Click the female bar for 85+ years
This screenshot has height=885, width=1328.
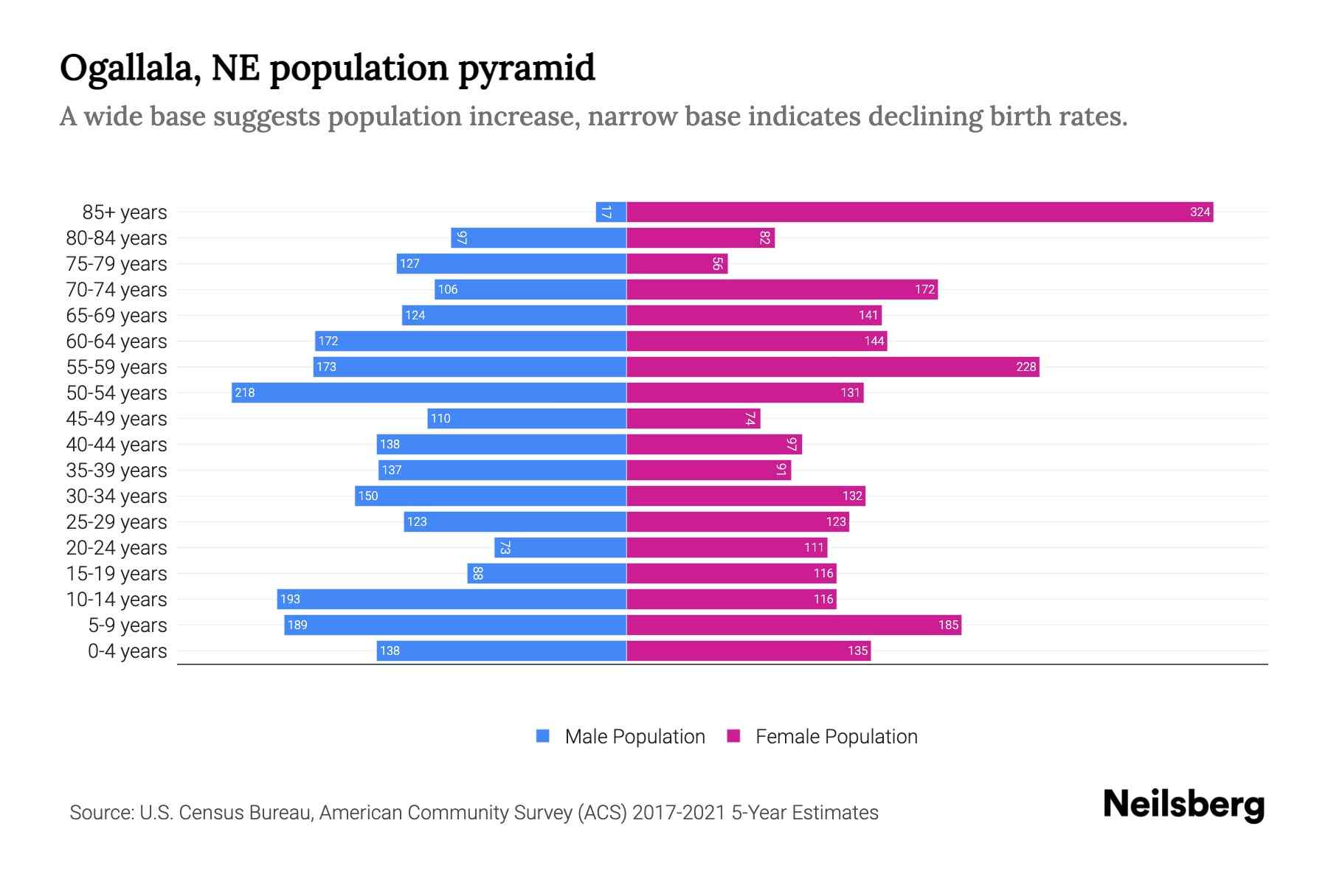tap(919, 212)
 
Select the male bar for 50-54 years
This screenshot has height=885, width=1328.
tap(429, 393)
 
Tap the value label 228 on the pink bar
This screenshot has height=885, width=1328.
tap(1026, 367)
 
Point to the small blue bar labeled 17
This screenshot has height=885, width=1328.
tap(610, 212)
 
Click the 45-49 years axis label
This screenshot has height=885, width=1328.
tap(117, 419)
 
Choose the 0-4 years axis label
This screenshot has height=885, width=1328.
tap(127, 651)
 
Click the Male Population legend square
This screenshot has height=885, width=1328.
tap(543, 736)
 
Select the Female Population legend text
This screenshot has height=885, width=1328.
tap(836, 737)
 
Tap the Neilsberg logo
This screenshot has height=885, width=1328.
tap(1183, 805)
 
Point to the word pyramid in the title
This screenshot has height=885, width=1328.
tap(526, 69)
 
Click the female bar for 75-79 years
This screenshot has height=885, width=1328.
tap(677, 264)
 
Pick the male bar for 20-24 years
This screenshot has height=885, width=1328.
tap(560, 548)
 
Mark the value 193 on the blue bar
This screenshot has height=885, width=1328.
tap(290, 600)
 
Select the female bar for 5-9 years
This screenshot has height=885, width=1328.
tap(793, 625)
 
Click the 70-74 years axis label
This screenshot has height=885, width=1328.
tap(117, 290)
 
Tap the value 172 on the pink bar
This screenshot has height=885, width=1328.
tap(924, 290)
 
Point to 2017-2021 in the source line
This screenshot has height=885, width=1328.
tap(678, 813)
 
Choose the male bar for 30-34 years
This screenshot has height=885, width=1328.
tap(491, 496)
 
